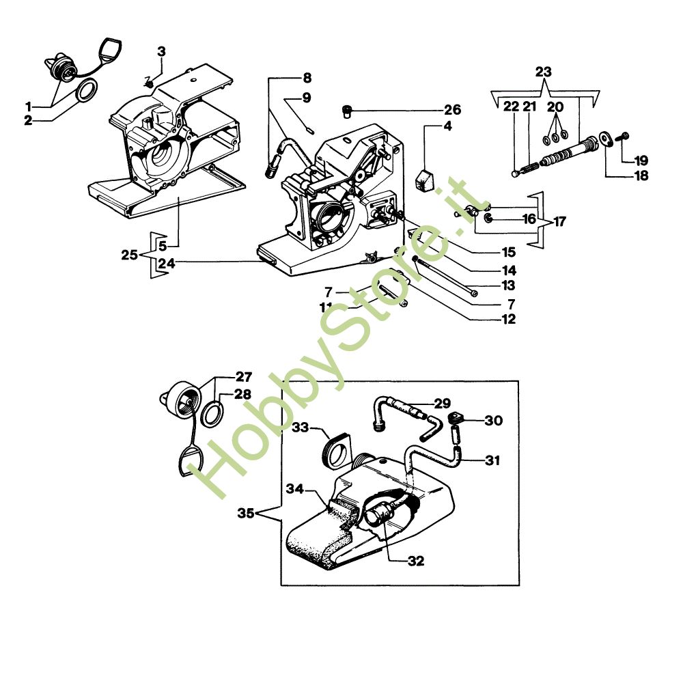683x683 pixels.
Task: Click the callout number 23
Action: pyautogui.click(x=543, y=72)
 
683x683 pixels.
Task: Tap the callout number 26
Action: pyautogui.click(x=453, y=110)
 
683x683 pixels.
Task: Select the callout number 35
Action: pyautogui.click(x=246, y=513)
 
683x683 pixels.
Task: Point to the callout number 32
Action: pyautogui.click(x=416, y=561)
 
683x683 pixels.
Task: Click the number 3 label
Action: pyautogui.click(x=162, y=51)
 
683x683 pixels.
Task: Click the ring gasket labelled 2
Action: pyautogui.click(x=87, y=91)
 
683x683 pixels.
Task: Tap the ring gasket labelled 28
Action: pyautogui.click(x=213, y=413)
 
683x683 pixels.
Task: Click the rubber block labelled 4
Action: pyautogui.click(x=425, y=181)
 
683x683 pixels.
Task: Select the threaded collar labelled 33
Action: pyautogui.click(x=337, y=450)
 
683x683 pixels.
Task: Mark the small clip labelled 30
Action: pyautogui.click(x=455, y=418)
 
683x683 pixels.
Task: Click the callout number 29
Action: pyautogui.click(x=442, y=404)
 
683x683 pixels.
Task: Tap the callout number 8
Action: pyautogui.click(x=307, y=78)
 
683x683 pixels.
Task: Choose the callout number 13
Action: pyautogui.click(x=508, y=285)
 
